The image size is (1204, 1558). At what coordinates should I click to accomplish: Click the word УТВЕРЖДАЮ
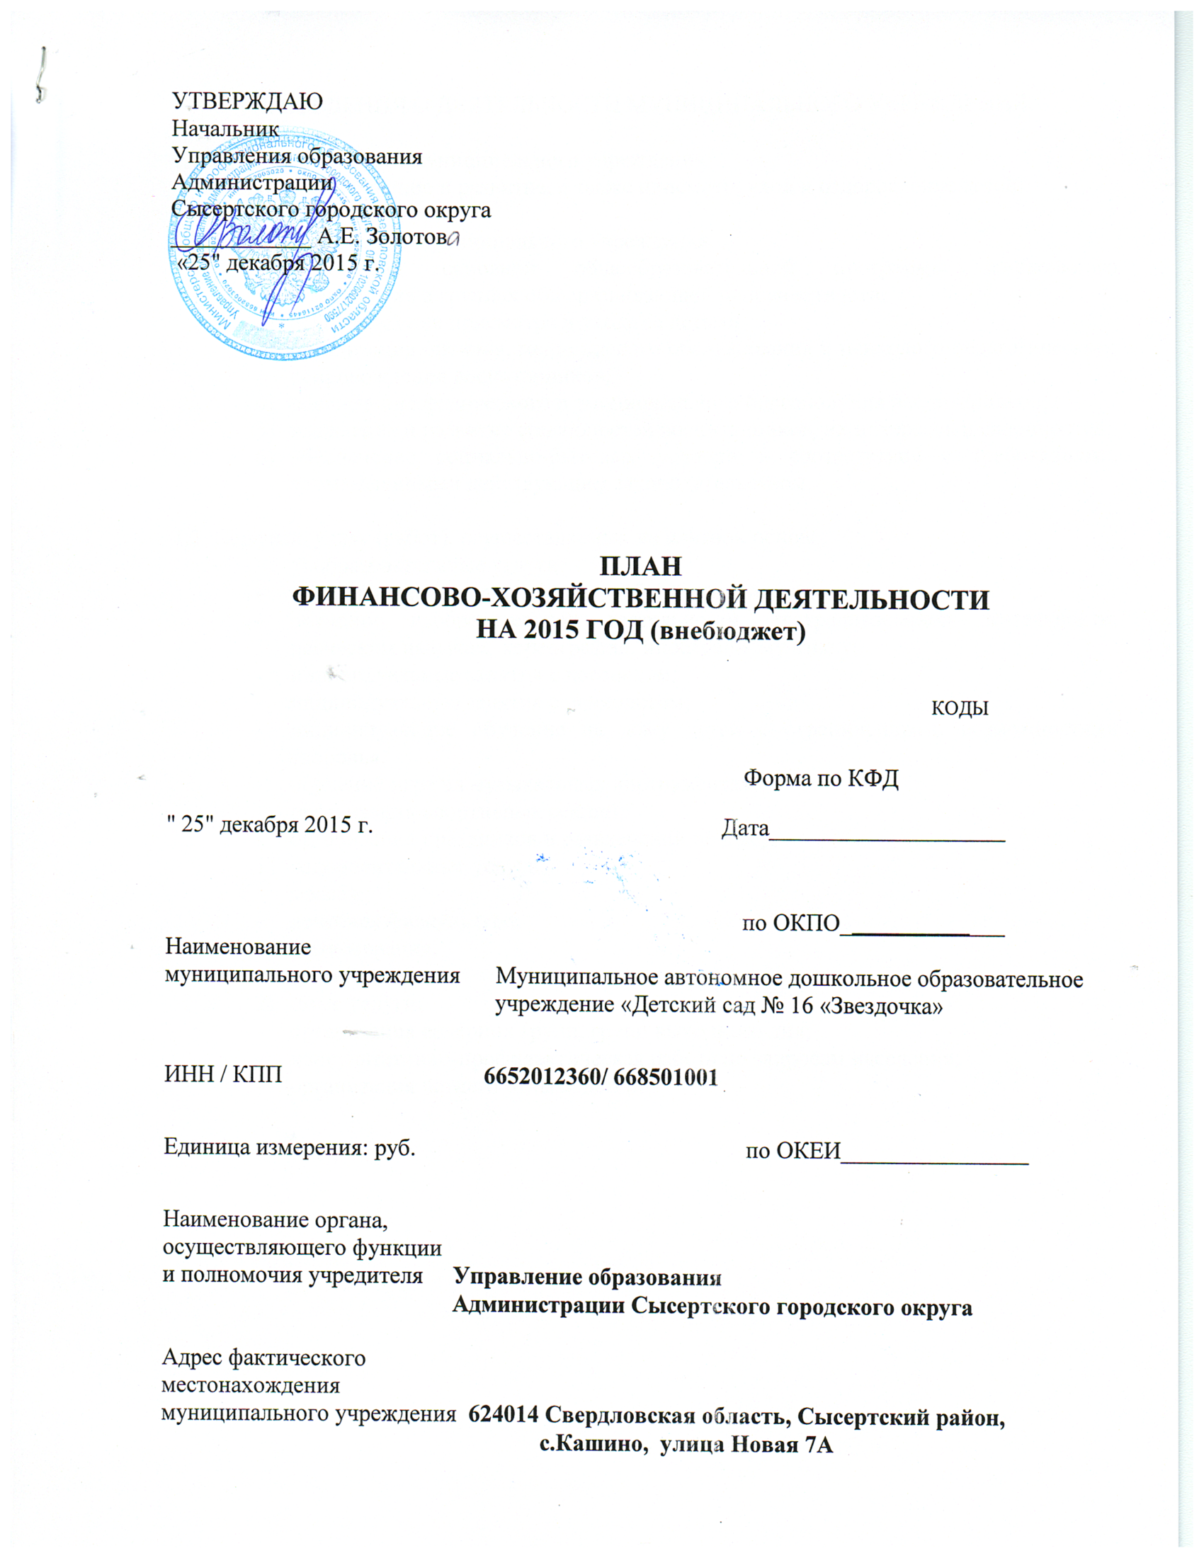(x=247, y=101)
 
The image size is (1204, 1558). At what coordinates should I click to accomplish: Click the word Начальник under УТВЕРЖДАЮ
(x=225, y=128)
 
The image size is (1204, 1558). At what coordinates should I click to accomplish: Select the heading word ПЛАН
(x=640, y=566)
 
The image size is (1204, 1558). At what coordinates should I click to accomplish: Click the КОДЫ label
(x=960, y=708)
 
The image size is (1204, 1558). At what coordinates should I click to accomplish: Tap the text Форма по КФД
(x=821, y=778)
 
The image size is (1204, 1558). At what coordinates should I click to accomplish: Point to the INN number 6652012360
(x=540, y=1077)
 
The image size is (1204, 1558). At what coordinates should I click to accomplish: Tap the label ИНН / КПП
(x=223, y=1074)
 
